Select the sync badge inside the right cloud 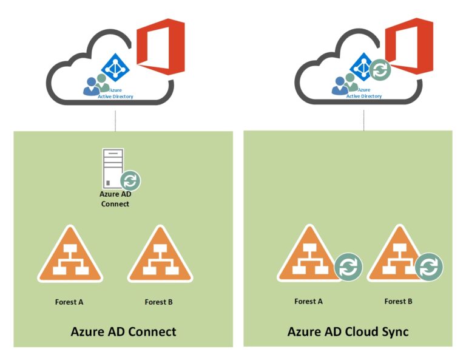[x=380, y=70]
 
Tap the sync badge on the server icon [x=130, y=180]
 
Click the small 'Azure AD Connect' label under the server [x=115, y=199]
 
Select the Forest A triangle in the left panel [x=70, y=257]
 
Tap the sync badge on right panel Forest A [x=348, y=268]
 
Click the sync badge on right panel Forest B [x=429, y=267]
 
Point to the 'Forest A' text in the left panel [x=69, y=302]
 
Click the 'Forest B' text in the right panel [x=399, y=301]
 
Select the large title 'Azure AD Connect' [x=123, y=331]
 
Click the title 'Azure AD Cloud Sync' [x=348, y=331]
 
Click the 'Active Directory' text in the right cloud [x=363, y=96]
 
